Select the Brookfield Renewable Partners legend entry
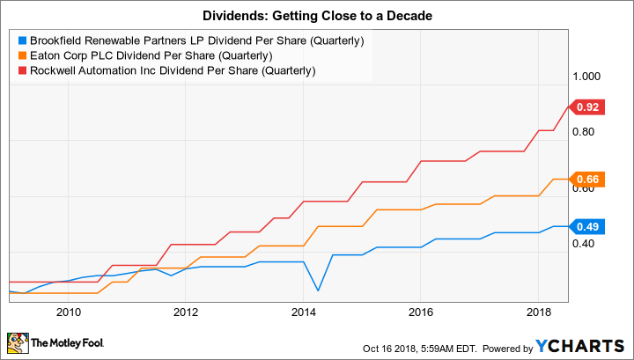(x=190, y=40)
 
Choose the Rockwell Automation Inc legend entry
(x=167, y=70)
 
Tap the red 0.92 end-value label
(x=588, y=107)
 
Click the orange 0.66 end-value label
(x=588, y=180)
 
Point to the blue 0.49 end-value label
(x=588, y=226)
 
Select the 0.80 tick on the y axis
(x=588, y=132)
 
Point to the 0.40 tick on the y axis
(x=588, y=244)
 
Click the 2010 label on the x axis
(x=69, y=312)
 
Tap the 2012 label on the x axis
(x=186, y=312)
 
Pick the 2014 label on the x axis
(x=303, y=312)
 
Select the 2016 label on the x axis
(x=420, y=312)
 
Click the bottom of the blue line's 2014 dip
(x=317, y=290)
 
